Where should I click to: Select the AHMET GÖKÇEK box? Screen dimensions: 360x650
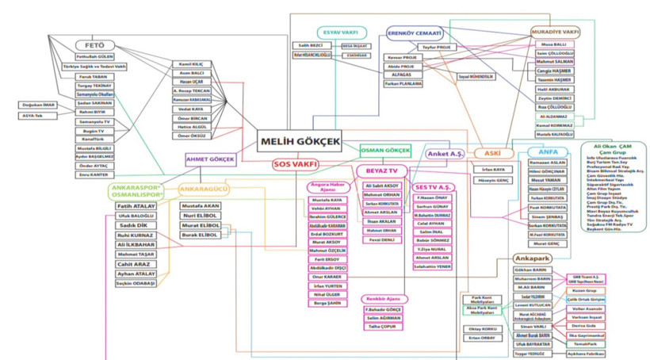[210, 159]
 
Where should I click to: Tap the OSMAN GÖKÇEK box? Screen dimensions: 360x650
[385, 150]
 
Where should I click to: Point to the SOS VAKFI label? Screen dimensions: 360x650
[295, 164]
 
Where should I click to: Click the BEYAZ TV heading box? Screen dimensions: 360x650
[382, 170]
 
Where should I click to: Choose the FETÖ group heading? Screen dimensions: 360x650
[94, 45]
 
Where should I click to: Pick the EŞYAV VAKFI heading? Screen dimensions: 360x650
[338, 33]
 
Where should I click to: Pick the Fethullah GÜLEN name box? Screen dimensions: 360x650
[94, 57]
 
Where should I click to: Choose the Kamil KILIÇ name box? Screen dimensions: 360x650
[192, 63]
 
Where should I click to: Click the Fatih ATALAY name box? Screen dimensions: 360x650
[136, 206]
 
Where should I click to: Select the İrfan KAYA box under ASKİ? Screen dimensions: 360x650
[493, 169]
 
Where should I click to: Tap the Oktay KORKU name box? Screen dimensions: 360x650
[482, 328]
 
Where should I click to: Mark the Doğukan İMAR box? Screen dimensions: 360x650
[37, 104]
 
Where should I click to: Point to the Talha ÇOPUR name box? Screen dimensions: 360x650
[383, 327]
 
